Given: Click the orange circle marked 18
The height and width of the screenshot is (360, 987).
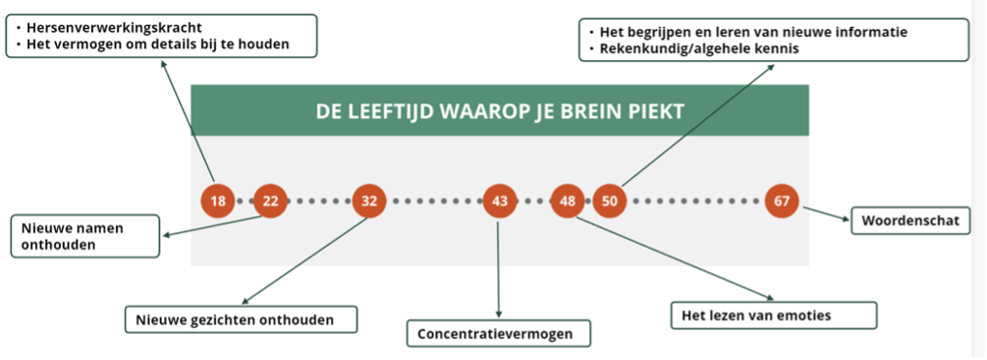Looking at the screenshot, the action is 218,201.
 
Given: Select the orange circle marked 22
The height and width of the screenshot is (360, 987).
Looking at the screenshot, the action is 270,201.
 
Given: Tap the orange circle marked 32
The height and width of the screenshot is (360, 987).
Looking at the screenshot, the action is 369,201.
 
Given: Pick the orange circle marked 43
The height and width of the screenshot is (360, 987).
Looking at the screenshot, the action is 500,201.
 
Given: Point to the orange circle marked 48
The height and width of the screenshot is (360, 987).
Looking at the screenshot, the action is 568,201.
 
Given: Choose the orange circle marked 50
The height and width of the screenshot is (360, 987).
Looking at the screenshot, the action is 610,201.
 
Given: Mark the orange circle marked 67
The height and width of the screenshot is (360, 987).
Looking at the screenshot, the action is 782,201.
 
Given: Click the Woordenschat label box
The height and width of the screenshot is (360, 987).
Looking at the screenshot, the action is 911,221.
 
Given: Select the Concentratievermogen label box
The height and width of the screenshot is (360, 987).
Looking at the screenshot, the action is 499,334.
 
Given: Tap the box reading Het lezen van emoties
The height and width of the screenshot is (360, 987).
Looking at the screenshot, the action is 773,315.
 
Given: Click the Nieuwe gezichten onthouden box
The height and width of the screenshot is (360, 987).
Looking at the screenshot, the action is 241,319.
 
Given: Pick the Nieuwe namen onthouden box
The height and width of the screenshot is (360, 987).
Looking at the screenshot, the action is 85,236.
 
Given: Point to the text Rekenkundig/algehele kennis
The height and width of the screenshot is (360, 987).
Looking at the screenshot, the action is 700,48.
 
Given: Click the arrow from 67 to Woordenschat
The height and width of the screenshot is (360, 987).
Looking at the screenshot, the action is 827,213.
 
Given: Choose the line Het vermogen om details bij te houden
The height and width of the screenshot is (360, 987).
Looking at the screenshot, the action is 158,45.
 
